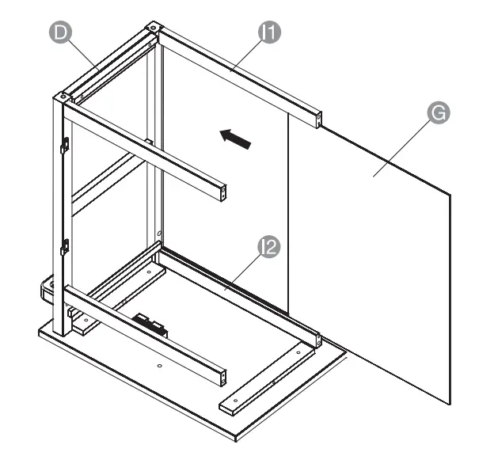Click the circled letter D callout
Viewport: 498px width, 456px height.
point(60,32)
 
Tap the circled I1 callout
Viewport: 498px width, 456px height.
point(271,32)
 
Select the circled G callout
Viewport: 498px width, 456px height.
point(437,112)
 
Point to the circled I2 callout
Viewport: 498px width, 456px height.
point(269,247)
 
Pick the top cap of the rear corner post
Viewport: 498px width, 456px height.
point(150,29)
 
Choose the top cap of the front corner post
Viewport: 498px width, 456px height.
point(63,98)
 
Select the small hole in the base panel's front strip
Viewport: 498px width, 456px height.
point(159,367)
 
